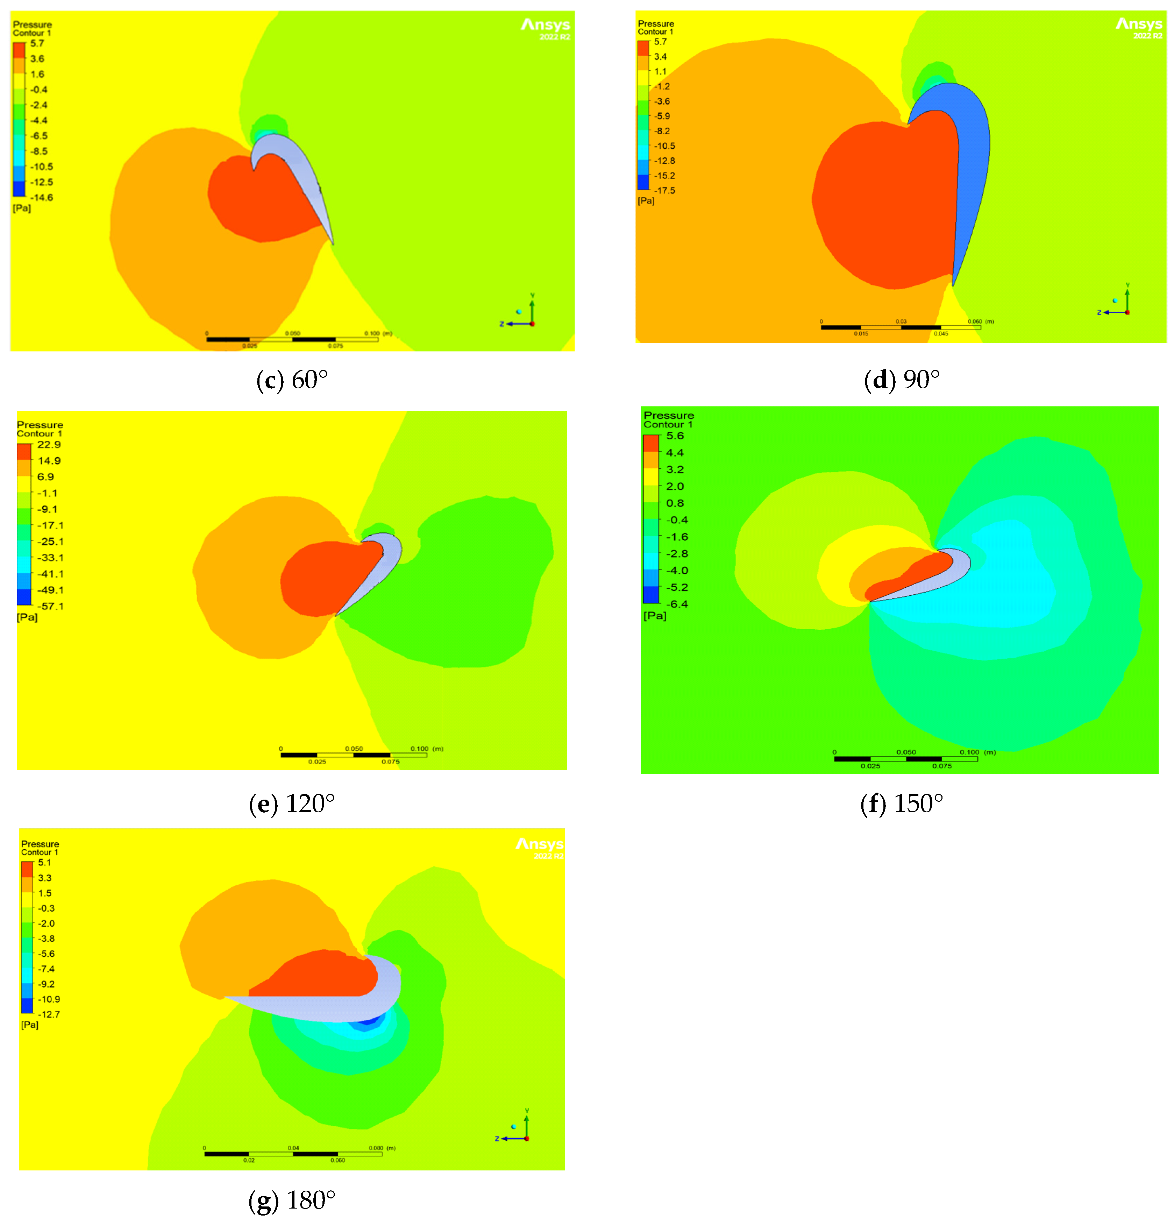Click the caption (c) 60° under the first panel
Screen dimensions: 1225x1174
[x=292, y=380]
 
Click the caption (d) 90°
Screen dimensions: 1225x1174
[x=902, y=380]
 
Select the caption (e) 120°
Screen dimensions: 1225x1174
[x=292, y=804]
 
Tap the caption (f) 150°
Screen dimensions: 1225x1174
[x=902, y=804]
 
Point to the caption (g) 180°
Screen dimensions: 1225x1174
[x=292, y=1200]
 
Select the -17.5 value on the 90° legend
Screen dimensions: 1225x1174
[x=664, y=191]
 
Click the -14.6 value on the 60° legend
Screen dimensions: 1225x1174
[x=41, y=198]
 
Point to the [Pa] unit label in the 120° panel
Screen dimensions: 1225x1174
[x=27, y=617]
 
